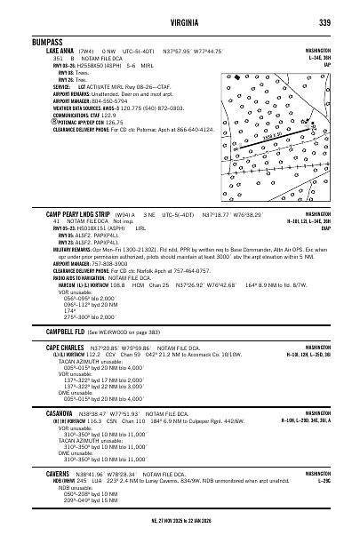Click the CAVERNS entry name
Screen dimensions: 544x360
60,474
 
